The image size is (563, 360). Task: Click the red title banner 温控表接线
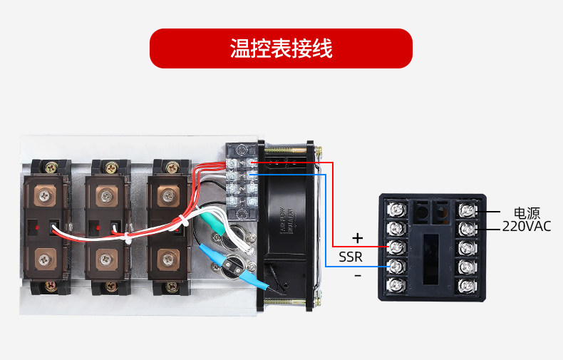(281, 48)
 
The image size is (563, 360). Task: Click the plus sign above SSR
(358, 237)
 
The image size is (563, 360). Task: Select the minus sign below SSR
(358, 274)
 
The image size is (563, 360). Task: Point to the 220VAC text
(527, 227)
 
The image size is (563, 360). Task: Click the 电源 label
(527, 212)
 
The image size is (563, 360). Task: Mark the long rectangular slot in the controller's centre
(430, 253)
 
